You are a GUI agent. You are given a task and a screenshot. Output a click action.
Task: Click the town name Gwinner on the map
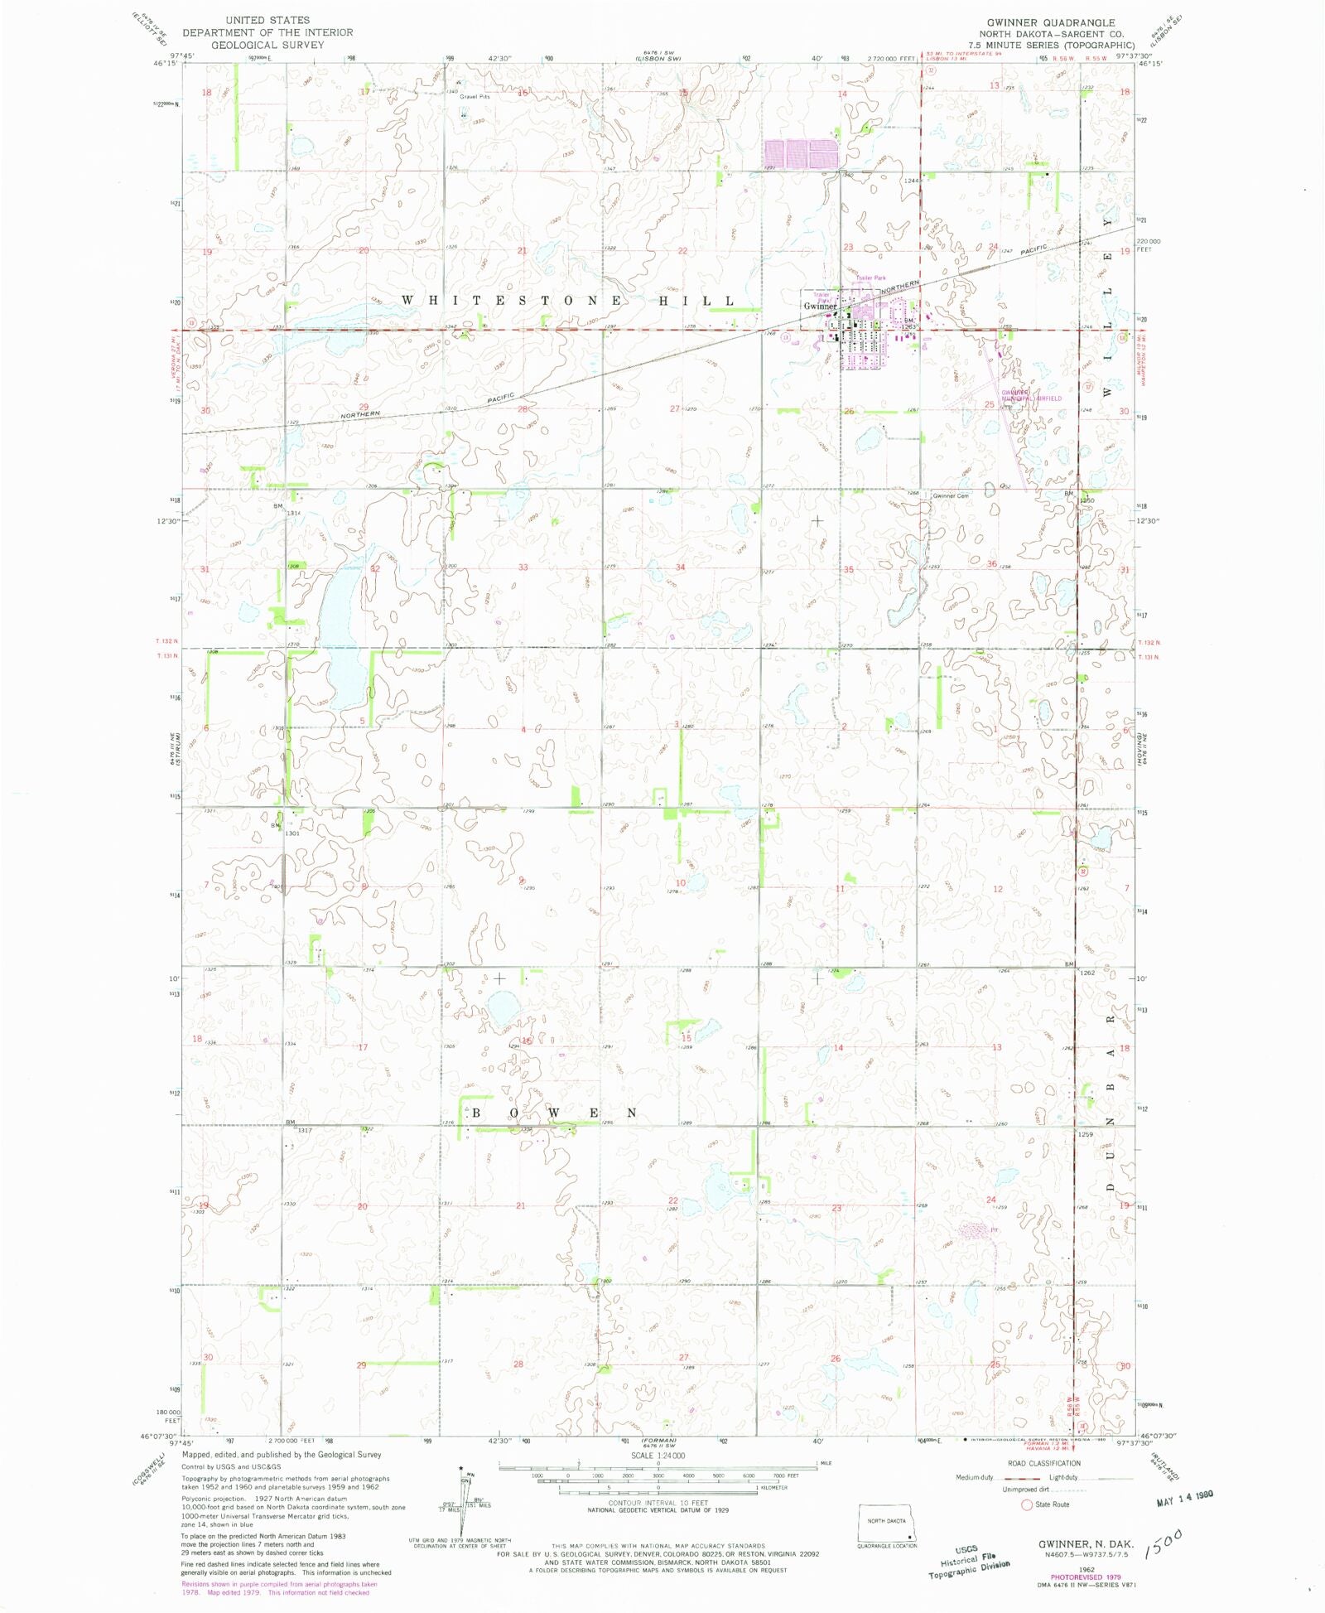(x=820, y=306)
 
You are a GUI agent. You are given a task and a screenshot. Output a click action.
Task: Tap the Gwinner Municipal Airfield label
(x=1031, y=395)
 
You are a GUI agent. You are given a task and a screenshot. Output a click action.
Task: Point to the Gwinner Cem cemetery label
(x=951, y=495)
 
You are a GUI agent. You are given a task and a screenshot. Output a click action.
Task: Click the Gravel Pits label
(x=475, y=97)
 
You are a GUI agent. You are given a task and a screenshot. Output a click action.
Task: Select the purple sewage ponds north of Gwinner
(x=800, y=154)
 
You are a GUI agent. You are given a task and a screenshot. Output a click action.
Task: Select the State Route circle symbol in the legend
(x=1027, y=1504)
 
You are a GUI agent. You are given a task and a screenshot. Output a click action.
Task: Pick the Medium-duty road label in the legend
(x=974, y=1477)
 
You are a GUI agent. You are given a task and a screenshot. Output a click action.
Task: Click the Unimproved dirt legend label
(x=1025, y=1489)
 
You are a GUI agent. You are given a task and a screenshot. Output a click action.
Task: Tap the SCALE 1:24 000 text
(x=658, y=1455)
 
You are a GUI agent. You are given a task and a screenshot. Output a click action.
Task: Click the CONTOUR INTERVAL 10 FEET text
(x=658, y=1502)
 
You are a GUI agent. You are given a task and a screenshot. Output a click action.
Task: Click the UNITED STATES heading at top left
(x=267, y=20)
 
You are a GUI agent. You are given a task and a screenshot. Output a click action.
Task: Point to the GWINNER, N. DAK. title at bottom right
(x=1086, y=1544)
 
